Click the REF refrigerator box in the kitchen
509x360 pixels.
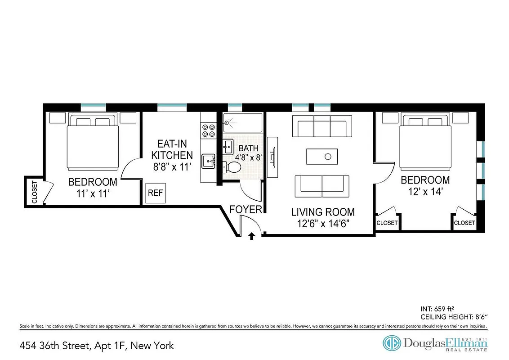[x=156, y=193]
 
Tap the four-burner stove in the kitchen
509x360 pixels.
[x=208, y=130]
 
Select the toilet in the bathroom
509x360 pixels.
[x=232, y=167]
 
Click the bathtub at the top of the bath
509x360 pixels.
[x=242, y=122]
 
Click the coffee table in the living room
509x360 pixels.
[x=321, y=157]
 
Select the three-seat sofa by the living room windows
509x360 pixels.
[x=322, y=126]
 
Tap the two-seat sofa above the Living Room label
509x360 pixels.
[x=322, y=186]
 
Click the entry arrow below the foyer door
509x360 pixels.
[x=252, y=235]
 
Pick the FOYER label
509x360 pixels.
[x=246, y=209]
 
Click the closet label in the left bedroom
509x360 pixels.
[x=34, y=192]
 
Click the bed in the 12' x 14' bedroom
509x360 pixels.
[x=426, y=142]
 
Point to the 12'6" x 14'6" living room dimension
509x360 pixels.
[x=322, y=223]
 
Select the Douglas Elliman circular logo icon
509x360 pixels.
[x=391, y=343]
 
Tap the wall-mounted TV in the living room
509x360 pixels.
[x=272, y=157]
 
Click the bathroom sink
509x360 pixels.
[x=228, y=145]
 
